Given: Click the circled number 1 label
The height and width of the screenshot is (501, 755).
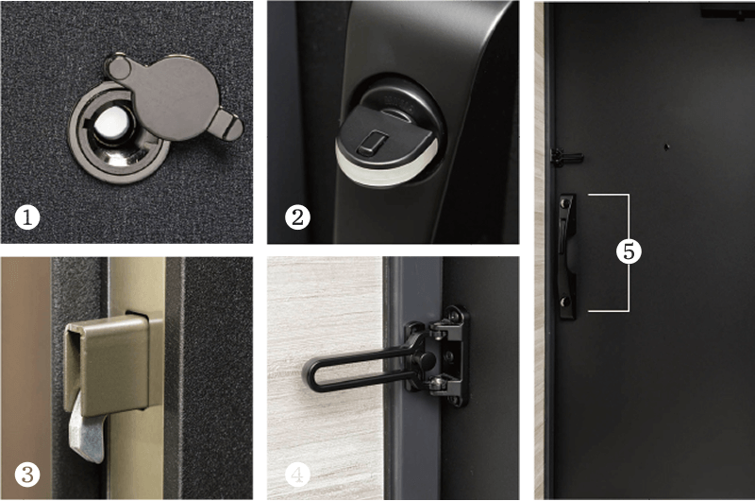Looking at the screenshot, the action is pos(27,217).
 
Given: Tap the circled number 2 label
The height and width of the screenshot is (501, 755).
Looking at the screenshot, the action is pos(297,217).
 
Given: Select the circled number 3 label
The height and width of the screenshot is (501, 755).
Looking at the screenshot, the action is pos(27,474).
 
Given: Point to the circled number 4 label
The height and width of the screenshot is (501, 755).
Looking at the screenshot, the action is pos(297,475).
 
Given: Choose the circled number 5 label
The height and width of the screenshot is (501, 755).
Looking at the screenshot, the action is pos(629,251).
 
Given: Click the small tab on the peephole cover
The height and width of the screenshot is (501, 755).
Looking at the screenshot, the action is pos(226,125).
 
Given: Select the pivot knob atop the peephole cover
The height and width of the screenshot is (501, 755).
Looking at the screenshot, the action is pos(117,68).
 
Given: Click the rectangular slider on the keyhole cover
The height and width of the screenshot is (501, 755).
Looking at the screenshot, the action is pos(371,144).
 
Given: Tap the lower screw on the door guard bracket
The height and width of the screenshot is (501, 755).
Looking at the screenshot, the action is pos(437,385).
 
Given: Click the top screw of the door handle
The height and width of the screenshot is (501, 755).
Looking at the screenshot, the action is pos(565,204).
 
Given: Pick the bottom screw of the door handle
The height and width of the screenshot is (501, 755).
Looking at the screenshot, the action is pos(565,302).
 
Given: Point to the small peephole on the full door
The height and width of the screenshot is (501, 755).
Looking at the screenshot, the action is pos(667,147).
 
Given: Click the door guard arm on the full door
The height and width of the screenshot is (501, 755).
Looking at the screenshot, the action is pos(567,157).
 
